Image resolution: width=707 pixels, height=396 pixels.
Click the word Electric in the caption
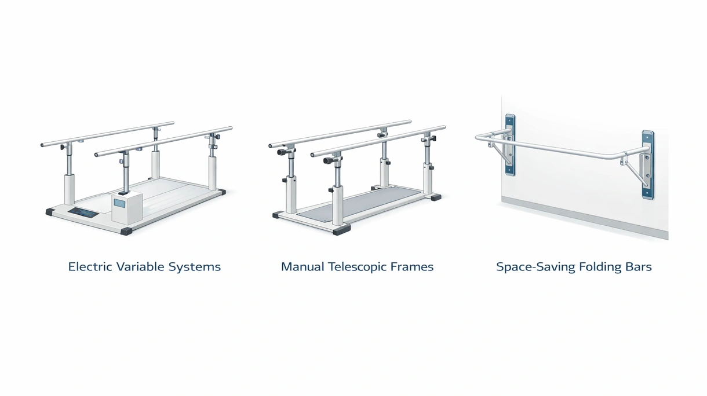click(90, 267)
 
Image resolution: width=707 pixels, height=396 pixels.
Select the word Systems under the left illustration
click(195, 267)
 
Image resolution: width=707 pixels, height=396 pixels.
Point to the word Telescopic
click(358, 267)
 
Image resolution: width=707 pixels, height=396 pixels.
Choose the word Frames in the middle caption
click(412, 267)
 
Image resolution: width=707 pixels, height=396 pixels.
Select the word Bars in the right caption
click(639, 267)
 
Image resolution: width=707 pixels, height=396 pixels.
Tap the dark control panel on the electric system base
click(83, 213)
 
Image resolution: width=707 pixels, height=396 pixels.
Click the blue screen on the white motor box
click(119, 203)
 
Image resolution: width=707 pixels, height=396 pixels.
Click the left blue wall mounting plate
click(510, 145)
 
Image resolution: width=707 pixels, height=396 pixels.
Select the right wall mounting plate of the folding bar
click(648, 165)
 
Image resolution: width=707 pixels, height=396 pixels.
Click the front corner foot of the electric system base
click(127, 231)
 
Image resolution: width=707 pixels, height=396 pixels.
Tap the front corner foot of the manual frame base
click(342, 230)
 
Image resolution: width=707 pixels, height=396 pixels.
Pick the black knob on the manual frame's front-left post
click(282, 152)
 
